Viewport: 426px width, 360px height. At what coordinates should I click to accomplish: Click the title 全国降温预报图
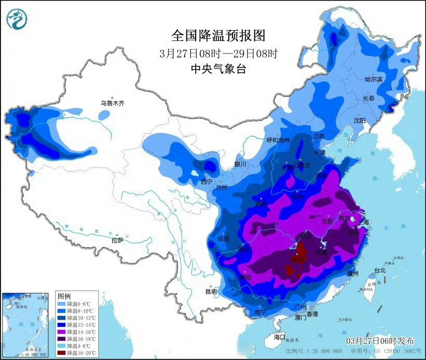point(218,36)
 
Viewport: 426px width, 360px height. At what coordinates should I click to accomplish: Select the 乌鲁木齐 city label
point(113,103)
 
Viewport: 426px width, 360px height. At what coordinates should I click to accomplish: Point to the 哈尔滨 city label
point(373,79)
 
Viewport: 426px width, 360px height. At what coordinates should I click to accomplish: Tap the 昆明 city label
point(211,292)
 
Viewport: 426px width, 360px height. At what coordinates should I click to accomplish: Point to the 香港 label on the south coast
point(312,314)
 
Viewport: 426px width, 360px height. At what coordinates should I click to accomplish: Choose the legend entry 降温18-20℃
point(80,353)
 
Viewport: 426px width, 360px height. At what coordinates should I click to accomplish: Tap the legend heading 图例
point(64,295)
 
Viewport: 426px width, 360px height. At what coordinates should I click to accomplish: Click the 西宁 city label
point(207,181)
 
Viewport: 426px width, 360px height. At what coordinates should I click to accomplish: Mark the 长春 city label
point(368,98)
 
